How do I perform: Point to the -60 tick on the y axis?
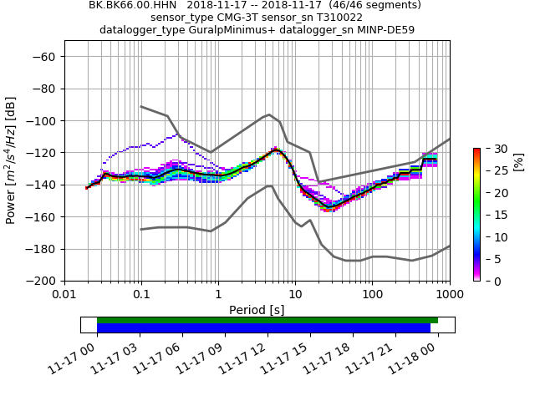[x=45, y=56]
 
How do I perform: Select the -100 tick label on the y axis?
[x=42, y=120]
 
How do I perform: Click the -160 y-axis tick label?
[x=42, y=216]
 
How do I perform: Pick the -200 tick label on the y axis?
[x=42, y=281]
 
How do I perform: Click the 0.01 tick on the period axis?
[x=64, y=295]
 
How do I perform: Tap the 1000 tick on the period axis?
[x=449, y=295]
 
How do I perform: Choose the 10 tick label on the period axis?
[x=295, y=295]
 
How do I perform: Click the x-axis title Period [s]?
[x=257, y=310]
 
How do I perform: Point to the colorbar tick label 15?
[x=491, y=215]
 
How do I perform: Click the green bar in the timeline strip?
[x=267, y=320]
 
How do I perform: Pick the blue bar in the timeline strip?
[x=263, y=328]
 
